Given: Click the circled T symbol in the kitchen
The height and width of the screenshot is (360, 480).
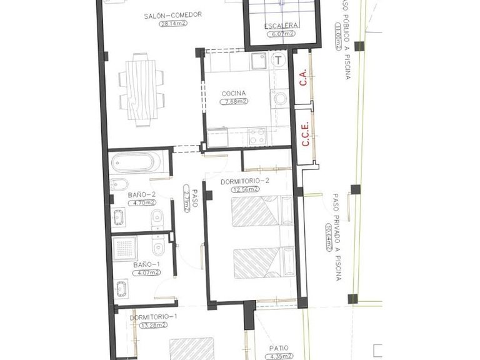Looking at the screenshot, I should (279, 60).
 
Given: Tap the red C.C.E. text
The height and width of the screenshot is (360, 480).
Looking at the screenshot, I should (306, 134).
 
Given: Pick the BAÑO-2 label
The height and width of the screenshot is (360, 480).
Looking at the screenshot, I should (141, 194).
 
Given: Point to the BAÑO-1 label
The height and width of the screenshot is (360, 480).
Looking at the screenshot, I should (146, 264).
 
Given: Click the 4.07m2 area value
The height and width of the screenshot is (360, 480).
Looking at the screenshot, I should (146, 272).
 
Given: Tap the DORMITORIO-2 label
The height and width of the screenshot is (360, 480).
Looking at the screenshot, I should (245, 181).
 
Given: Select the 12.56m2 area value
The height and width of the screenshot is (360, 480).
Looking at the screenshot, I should (245, 189).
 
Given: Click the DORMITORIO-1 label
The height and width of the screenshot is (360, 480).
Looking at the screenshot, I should (154, 317).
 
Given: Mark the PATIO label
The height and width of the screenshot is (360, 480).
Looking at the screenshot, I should (279, 348).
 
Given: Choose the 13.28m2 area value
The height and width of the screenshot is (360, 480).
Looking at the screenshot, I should (154, 325).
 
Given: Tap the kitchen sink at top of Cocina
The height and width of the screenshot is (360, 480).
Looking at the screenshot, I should (259, 61).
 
